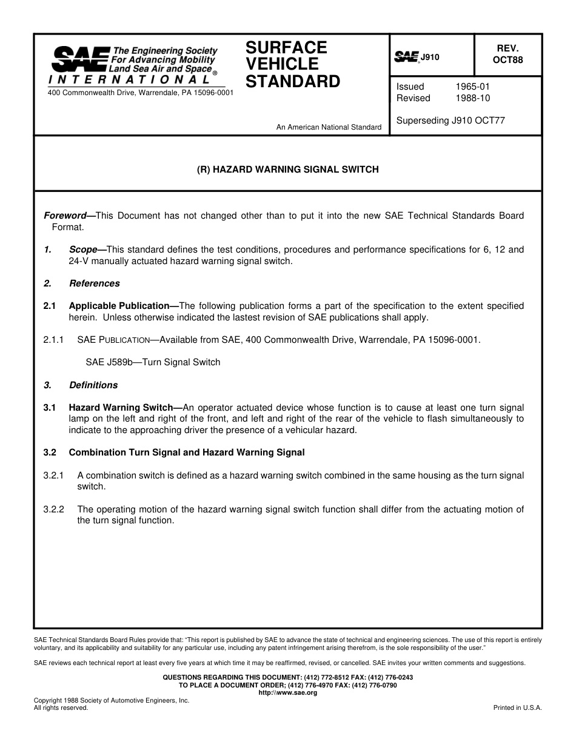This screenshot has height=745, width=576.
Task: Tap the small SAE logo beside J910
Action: pos(406,57)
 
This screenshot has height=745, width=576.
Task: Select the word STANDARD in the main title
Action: pos(293,82)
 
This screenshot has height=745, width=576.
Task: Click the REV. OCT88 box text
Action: pos(507,55)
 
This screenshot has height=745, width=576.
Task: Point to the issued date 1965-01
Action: pos(472,87)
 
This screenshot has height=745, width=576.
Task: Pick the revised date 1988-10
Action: pos(472,98)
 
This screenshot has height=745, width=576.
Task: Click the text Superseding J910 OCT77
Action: pos(450,121)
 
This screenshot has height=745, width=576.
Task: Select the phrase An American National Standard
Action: pos(329,127)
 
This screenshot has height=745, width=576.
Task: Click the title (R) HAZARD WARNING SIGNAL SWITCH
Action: pos(288,170)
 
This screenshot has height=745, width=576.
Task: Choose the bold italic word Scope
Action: pos(83,250)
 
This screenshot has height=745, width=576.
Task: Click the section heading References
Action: pos(94,283)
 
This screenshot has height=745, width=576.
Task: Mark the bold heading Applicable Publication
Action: pos(119,306)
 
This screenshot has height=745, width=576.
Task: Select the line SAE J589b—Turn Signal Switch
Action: pos(153,362)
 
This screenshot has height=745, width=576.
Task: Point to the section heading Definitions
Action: pos(93,385)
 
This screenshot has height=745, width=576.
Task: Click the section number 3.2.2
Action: pos(53,509)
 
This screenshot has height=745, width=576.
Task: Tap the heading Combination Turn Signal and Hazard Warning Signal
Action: pos(186,452)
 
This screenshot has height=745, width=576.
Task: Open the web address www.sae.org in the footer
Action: pos(288,692)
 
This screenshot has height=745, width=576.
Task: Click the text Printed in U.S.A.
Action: pos(518,707)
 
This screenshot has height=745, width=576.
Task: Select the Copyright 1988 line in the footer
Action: pos(112,700)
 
